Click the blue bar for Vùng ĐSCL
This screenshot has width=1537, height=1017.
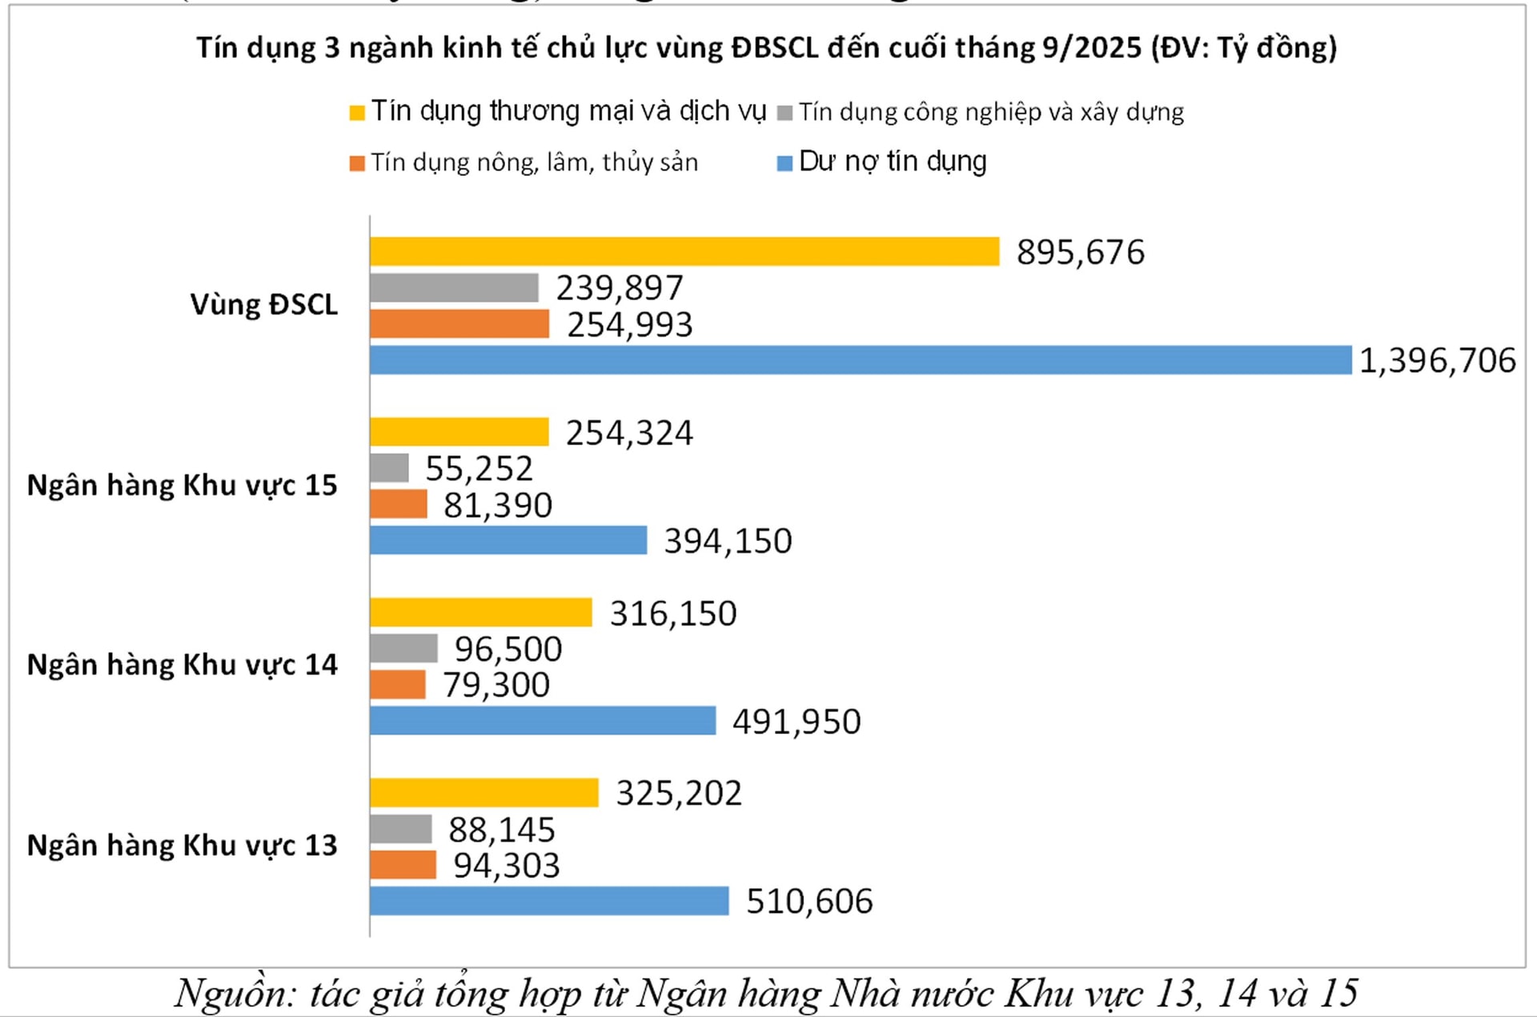pyautogui.click(x=861, y=360)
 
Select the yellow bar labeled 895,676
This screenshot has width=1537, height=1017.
pyautogui.click(x=684, y=251)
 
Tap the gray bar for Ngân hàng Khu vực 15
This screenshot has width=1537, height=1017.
pyautogui.click(x=389, y=468)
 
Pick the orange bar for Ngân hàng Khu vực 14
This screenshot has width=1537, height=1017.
pyautogui.click(x=398, y=685)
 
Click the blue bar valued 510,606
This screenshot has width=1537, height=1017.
pyautogui.click(x=549, y=901)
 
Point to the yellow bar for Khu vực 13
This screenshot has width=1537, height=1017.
pyautogui.click(x=484, y=793)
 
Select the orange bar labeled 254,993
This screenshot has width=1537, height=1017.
pyautogui.click(x=459, y=324)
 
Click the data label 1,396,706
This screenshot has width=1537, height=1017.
pyautogui.click(x=1437, y=361)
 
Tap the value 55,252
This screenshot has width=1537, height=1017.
pyautogui.click(x=479, y=469)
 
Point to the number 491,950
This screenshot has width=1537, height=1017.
pyautogui.click(x=797, y=722)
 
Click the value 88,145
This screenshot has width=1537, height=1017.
pyautogui.click(x=502, y=830)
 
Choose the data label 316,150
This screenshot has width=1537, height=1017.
pyautogui.click(x=673, y=614)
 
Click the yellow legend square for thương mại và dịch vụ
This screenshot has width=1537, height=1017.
pyautogui.click(x=357, y=113)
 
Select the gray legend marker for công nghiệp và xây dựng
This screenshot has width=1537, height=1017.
pyautogui.click(x=785, y=113)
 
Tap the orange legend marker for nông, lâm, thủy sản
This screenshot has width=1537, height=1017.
pyautogui.click(x=357, y=164)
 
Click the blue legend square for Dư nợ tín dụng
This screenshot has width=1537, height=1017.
pyautogui.click(x=785, y=163)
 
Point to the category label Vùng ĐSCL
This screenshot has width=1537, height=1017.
pyautogui.click(x=263, y=305)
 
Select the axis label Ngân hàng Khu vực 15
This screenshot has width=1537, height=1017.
pyautogui.click(x=182, y=486)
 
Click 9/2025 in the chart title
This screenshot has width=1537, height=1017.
pyautogui.click(x=1091, y=48)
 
